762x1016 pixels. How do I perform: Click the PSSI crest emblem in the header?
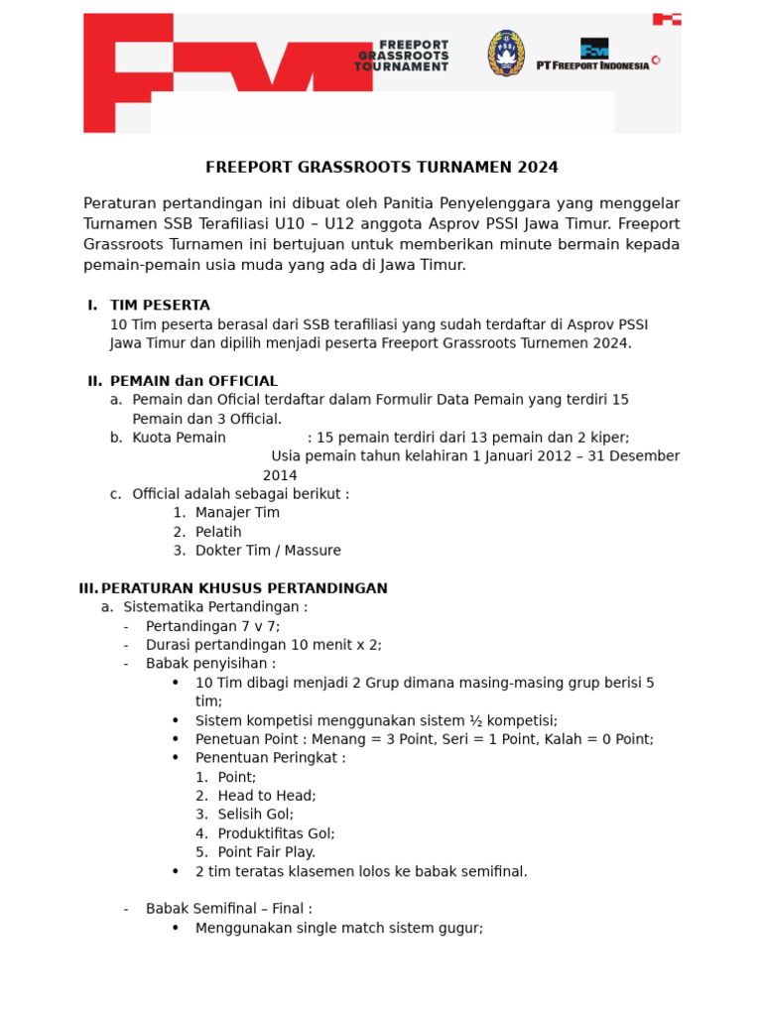(506, 53)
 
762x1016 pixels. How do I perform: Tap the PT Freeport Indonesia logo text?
(592, 64)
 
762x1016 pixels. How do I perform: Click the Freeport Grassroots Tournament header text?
(402, 56)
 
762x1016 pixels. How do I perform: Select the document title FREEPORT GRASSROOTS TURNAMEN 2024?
(381, 167)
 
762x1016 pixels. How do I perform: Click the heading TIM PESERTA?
(160, 305)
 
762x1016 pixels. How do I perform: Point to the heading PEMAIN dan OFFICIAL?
(193, 381)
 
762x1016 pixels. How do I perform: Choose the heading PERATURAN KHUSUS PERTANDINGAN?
(244, 588)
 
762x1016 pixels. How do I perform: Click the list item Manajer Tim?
(237, 513)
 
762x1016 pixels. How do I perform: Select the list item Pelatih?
(218, 532)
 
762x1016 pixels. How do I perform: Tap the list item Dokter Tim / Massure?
(268, 551)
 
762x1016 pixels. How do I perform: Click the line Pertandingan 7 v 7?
(212, 626)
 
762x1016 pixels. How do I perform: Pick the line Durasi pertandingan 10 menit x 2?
(263, 645)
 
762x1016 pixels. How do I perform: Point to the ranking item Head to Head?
(266, 796)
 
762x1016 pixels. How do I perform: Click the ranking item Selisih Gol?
(255, 815)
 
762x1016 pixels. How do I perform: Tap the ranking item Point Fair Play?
(266, 852)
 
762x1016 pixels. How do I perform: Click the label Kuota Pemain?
(179, 438)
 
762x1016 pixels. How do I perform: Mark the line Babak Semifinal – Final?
(228, 909)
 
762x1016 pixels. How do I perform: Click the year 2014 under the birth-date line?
(280, 475)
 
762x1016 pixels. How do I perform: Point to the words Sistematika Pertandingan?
(215, 607)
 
